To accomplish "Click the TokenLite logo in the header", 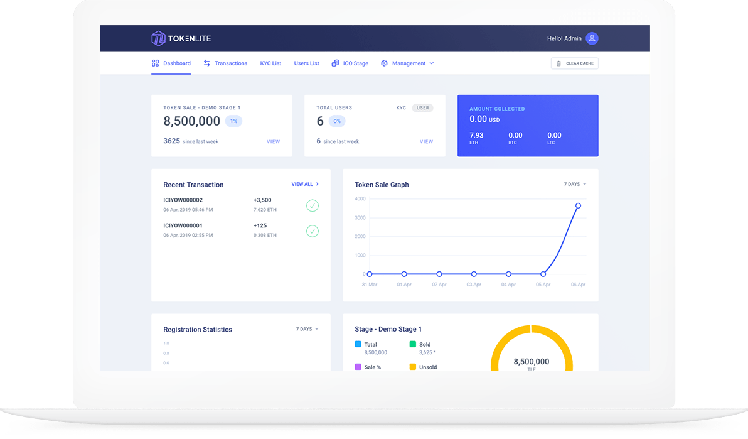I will [x=181, y=38].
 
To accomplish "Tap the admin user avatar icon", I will [x=592, y=38].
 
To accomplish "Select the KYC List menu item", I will [x=270, y=63].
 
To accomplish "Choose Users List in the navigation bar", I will [x=306, y=63].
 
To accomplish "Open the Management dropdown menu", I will [x=409, y=63].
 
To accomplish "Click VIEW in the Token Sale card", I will [x=273, y=142].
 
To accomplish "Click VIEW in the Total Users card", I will [x=426, y=142].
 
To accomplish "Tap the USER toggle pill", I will [x=423, y=108].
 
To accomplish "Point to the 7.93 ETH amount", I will [x=476, y=136].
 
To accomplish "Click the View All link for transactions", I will [x=305, y=185].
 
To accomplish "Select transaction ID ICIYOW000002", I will [x=183, y=200].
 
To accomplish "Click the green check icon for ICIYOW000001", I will [x=312, y=231].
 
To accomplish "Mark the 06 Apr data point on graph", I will [x=578, y=205].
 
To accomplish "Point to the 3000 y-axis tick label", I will [x=360, y=218].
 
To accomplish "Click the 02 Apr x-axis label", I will [x=439, y=285].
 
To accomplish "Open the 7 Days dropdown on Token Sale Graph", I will [x=575, y=185].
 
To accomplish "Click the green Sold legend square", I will [x=413, y=344].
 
